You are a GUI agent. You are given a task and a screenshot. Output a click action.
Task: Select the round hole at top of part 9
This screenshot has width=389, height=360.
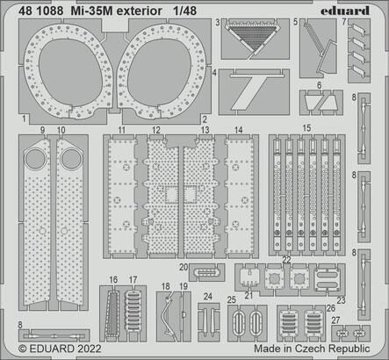pos(36,159)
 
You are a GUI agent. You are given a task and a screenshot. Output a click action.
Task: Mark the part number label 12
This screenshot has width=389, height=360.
pos(155,130)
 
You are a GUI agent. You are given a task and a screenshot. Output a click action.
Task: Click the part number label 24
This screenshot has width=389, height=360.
pos(207,296)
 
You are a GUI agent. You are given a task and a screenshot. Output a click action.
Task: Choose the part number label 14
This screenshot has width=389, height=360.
pos(239,130)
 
